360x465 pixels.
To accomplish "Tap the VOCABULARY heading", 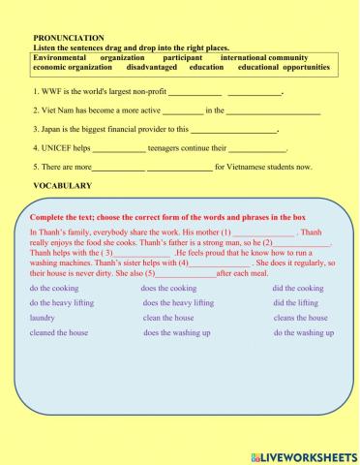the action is click(x=62, y=184).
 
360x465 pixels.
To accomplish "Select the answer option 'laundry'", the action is click(x=43, y=318).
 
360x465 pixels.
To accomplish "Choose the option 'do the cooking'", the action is click(x=55, y=289).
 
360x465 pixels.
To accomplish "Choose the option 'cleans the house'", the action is click(x=300, y=318).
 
